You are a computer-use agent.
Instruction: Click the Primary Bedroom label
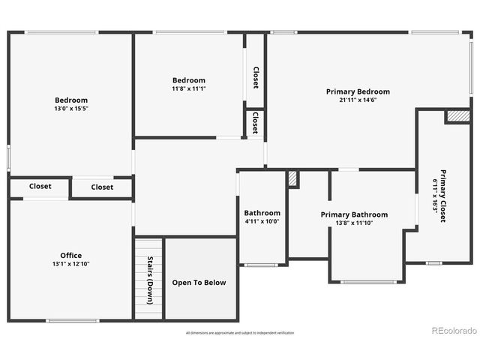point(358,91)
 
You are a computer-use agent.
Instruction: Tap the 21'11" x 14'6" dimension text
point(358,100)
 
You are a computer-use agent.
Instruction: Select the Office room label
point(71,255)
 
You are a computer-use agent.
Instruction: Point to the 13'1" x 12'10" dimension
point(71,264)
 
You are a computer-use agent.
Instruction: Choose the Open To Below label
point(199,283)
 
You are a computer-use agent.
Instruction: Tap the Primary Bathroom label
point(354,214)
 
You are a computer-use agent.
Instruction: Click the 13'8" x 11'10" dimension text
point(354,223)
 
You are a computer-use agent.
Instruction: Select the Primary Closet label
point(443,195)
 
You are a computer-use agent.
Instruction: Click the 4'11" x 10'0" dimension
point(262,221)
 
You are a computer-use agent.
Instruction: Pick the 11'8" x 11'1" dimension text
point(189,88)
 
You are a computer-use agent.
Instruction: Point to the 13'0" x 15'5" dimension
point(71,109)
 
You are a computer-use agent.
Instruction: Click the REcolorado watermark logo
point(453,331)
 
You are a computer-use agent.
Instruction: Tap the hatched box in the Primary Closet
point(457,116)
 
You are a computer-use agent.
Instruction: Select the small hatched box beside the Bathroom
point(292,179)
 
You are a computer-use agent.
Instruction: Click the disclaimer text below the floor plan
point(240,332)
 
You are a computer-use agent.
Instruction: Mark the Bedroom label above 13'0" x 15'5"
point(71,100)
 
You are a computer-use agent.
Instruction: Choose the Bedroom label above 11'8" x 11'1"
point(189,80)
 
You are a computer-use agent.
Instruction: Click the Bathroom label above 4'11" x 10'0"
point(262,213)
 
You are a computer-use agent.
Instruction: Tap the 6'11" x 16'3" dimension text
point(434,196)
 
